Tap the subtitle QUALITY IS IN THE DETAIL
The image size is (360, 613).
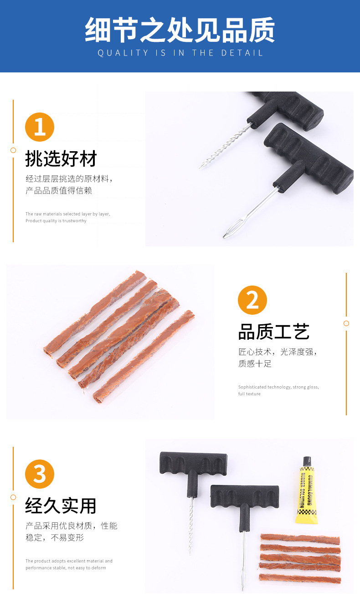click(180, 53)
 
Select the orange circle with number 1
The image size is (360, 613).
click(40, 127)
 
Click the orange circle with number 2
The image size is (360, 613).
click(252, 301)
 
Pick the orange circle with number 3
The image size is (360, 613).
click(40, 474)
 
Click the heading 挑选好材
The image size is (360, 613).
click(61, 159)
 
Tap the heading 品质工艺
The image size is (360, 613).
click(274, 332)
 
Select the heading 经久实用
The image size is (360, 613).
click(61, 506)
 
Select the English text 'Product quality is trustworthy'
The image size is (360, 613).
click(56, 221)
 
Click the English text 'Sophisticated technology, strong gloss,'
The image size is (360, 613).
click(278, 387)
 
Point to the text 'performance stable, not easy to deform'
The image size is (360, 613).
click(66, 568)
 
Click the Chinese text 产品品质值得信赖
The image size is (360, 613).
click(59, 190)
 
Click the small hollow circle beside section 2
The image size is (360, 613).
click(346, 323)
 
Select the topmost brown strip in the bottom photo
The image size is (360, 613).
click(300, 540)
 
